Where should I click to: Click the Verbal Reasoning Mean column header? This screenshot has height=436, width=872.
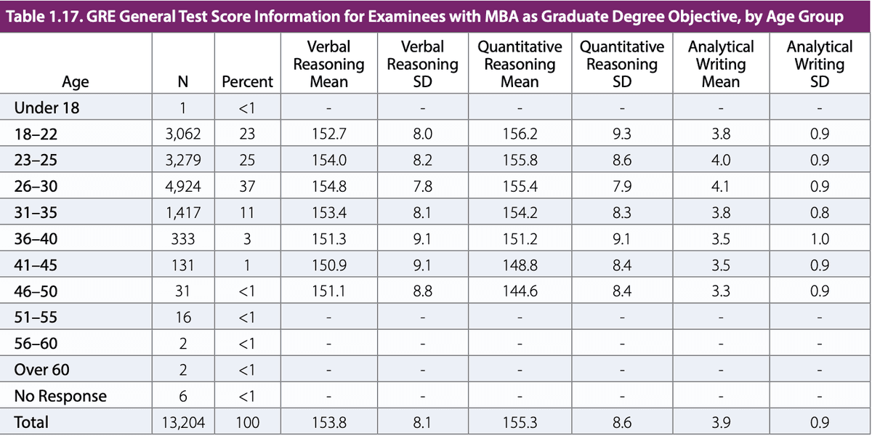pyautogui.click(x=328, y=64)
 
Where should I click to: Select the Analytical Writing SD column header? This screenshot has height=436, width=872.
pyautogui.click(x=819, y=64)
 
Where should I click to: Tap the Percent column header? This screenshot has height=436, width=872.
pyautogui.click(x=247, y=81)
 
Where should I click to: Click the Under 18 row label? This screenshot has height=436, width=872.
pyautogui.click(x=47, y=109)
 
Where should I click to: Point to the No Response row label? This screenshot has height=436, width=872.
pyautogui.click(x=60, y=396)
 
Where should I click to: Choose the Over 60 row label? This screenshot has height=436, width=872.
pyautogui.click(x=42, y=370)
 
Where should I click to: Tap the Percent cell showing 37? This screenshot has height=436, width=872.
pyautogui.click(x=247, y=187)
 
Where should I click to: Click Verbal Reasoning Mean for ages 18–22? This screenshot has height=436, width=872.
pyautogui.click(x=328, y=134)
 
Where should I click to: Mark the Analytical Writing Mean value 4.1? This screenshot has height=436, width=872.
pyautogui.click(x=720, y=187)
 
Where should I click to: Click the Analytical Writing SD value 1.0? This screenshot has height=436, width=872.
pyautogui.click(x=819, y=239)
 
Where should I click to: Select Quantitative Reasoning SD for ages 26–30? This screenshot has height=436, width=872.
pyautogui.click(x=621, y=187)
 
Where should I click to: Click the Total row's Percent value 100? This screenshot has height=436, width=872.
pyautogui.click(x=247, y=421)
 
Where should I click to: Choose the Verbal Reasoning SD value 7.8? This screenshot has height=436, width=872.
pyautogui.click(x=422, y=187)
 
